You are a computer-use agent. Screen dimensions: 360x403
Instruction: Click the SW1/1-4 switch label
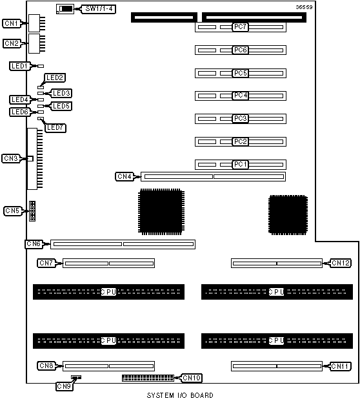coord(99,9)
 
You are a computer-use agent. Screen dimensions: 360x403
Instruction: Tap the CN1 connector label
coord(12,23)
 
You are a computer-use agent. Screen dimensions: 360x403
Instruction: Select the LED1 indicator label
coord(20,66)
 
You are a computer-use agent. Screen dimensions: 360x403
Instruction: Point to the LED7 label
coord(55,128)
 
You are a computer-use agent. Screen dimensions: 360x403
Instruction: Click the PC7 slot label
coord(241,26)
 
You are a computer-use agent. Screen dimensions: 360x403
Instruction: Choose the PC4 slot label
coord(241,96)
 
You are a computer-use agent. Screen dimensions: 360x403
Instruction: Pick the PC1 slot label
coord(241,164)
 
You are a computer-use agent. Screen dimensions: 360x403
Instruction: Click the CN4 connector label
coord(125,176)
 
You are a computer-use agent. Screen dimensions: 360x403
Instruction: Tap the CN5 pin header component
coord(32,211)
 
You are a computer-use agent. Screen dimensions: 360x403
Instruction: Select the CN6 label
coord(34,243)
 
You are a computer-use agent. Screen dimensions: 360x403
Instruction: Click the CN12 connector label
coord(341,263)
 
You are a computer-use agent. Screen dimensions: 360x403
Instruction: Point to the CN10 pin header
coord(148,378)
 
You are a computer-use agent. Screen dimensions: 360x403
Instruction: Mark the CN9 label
coord(65,386)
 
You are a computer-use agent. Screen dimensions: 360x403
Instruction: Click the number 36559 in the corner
coord(304,7)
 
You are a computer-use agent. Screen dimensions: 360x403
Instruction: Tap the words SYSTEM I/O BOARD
coord(180,395)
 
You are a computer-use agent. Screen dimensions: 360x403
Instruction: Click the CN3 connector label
coord(11,158)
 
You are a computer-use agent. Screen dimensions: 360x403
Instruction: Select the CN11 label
coord(341,366)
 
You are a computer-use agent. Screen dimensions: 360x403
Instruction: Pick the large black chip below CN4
coord(161,212)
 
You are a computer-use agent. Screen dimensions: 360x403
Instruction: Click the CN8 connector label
coord(46,366)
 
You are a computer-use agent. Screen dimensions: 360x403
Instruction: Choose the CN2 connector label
coord(12,43)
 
